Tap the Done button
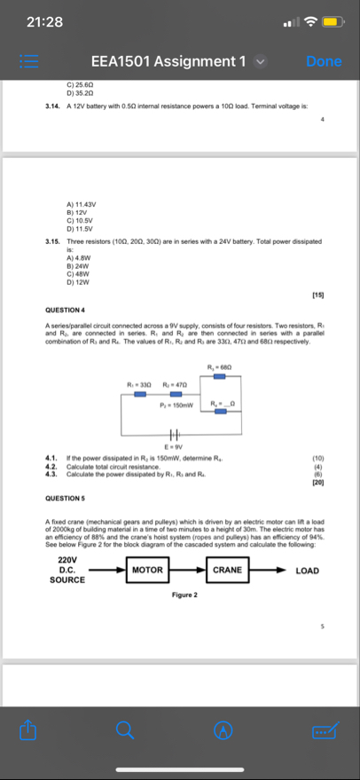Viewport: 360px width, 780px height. pyautogui.click(x=323, y=61)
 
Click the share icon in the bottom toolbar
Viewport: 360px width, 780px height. pyautogui.click(x=29, y=730)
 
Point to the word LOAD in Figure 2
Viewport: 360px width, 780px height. pyautogui.click(x=307, y=570)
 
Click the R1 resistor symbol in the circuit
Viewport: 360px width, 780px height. pyautogui.click(x=140, y=394)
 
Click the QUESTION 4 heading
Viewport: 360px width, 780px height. pyautogui.click(x=65, y=311)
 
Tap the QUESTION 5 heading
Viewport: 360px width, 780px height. pyautogui.click(x=65, y=499)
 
